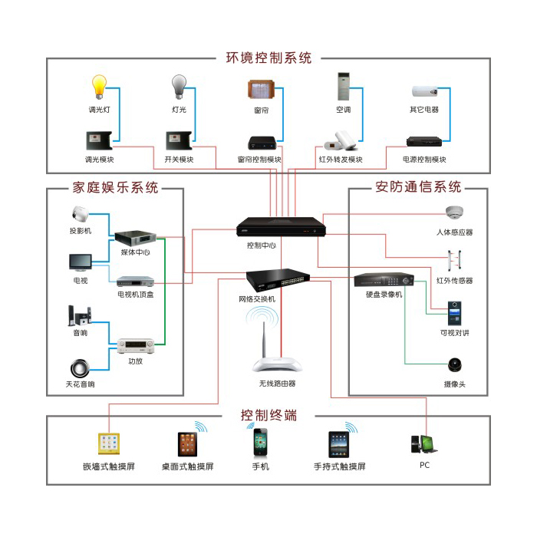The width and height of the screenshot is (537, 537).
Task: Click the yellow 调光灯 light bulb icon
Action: (x=99, y=87)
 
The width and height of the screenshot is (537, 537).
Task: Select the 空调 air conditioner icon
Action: (x=343, y=87)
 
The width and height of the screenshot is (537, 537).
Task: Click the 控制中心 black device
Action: (x=281, y=226)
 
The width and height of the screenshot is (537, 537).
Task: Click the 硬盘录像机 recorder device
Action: (x=384, y=280)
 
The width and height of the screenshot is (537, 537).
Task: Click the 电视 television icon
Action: (x=80, y=262)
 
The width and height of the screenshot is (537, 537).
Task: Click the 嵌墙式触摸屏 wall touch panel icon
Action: (x=108, y=444)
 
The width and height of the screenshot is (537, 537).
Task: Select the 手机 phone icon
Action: (x=260, y=443)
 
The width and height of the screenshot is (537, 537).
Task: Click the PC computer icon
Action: (x=423, y=444)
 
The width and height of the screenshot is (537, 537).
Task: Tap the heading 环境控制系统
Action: (x=268, y=58)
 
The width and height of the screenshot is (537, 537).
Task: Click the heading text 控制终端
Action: (x=268, y=416)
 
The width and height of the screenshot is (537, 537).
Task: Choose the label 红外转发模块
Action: (x=341, y=160)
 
